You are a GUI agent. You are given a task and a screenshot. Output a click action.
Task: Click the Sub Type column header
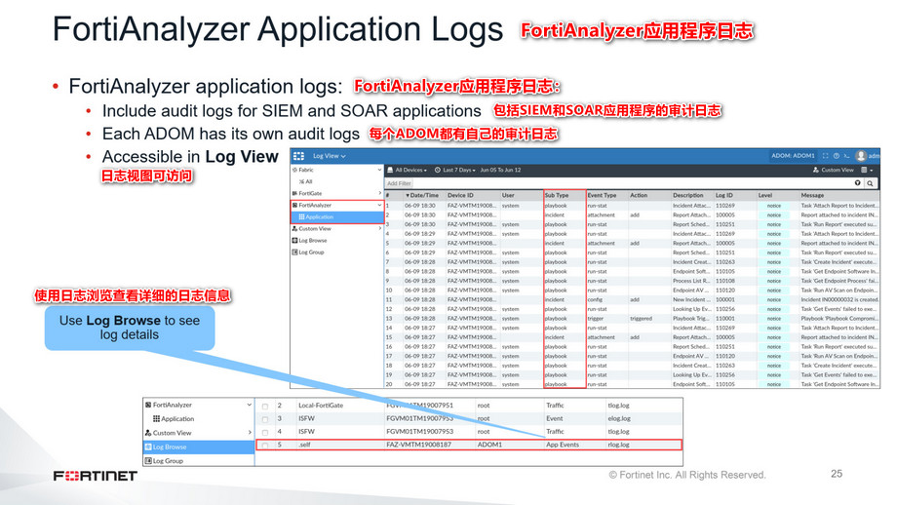click(558, 194)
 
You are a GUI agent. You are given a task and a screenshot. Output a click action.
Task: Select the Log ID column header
click(725, 194)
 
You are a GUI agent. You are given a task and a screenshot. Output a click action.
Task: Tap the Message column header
click(813, 194)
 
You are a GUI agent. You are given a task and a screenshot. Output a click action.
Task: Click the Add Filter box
click(399, 182)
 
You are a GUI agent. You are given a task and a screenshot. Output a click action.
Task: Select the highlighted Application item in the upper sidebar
click(320, 216)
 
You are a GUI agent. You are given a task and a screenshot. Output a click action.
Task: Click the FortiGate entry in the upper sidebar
click(310, 193)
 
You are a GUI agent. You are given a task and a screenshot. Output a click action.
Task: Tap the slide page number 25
click(836, 474)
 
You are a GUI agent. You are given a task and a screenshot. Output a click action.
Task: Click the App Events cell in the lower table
click(563, 445)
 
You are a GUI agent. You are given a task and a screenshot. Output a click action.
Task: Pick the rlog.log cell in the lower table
click(618, 445)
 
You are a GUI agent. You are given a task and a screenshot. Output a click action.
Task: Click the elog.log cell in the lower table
click(618, 418)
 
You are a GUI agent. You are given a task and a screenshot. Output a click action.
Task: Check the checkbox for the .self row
click(264, 446)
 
